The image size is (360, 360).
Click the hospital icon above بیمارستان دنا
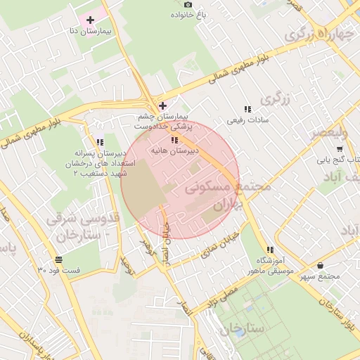click(90, 18)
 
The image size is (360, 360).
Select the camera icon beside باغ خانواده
click(187, 4)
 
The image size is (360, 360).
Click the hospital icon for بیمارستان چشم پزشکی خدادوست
click(162, 105)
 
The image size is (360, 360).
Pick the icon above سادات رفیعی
click(247, 109)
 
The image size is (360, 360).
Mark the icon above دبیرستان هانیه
click(174, 139)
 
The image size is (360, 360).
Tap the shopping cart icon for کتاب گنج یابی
click(340, 148)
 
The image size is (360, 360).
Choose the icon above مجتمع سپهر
click(321, 265)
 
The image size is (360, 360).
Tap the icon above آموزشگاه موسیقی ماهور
click(270, 250)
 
